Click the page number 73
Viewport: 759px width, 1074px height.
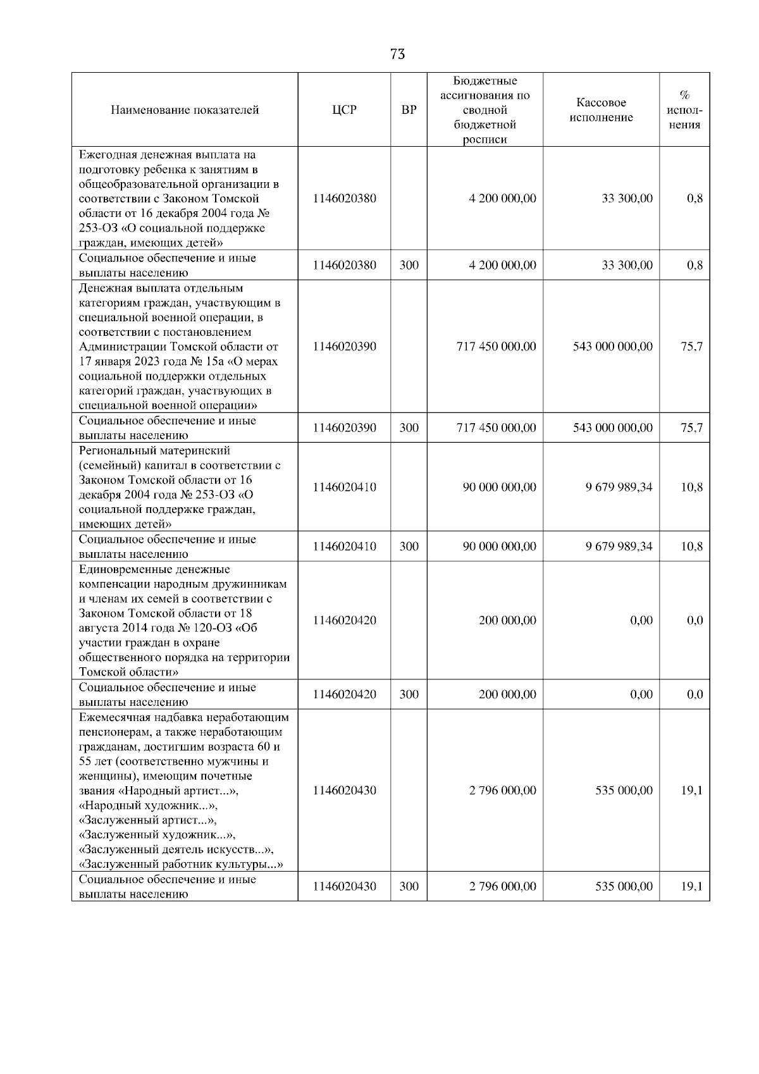397,54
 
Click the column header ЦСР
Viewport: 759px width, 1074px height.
344,110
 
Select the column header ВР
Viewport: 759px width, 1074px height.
409,110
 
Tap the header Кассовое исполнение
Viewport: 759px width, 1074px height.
601,110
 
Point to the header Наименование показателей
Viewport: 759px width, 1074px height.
185,110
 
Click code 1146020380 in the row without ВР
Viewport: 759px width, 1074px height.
344,199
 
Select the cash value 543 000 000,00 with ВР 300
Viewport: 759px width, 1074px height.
612,428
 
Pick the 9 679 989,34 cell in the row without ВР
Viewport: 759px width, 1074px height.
619,488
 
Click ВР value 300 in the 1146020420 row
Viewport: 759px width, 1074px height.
409,694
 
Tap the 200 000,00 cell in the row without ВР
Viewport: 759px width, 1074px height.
507,620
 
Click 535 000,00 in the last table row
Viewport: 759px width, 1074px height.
624,887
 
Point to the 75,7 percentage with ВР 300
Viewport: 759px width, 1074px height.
691,428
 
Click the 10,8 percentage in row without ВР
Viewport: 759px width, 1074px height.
691,488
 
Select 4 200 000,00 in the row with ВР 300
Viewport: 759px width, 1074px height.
502,266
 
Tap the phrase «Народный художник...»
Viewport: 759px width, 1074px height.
147,806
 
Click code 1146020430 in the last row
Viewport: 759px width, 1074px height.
344,887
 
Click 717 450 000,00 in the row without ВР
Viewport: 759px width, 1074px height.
496,347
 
